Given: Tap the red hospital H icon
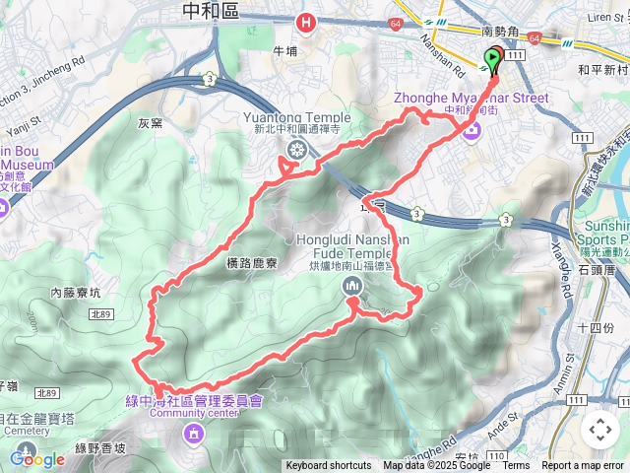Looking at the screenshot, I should (x=308, y=21).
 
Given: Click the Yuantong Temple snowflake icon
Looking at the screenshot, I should (x=295, y=150).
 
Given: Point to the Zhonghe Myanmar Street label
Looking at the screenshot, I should (x=471, y=98).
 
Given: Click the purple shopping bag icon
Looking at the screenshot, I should (x=472, y=128).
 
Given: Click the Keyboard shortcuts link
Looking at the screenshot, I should (x=329, y=466).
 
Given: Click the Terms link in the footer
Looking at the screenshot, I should (x=516, y=466).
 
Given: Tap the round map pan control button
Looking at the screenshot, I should (x=600, y=430).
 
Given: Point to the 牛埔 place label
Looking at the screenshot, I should (x=284, y=51).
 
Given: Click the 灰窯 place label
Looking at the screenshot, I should (x=150, y=123).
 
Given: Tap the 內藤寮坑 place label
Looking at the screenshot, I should (x=76, y=292).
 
